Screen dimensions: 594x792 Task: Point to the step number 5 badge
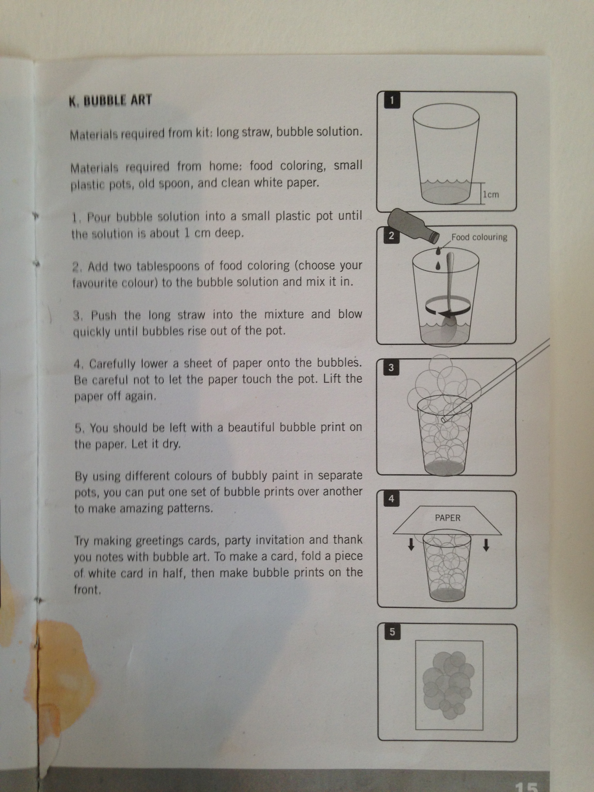tap(392, 632)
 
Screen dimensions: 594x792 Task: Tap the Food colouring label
tap(479, 237)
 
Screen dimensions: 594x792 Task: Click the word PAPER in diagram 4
tap(447, 518)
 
